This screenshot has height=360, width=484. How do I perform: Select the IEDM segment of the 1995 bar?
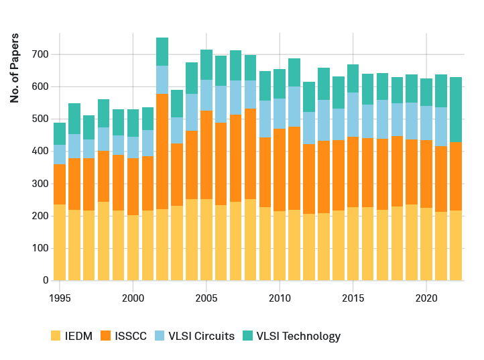pyautogui.click(x=60, y=242)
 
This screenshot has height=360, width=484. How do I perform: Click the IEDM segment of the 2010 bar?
pyautogui.click(x=280, y=245)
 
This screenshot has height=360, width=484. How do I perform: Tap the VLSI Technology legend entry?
pyautogui.click(x=290, y=336)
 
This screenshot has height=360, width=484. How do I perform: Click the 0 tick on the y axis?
pyautogui.click(x=46, y=280)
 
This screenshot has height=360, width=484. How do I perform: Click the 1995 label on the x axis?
pyautogui.click(x=60, y=296)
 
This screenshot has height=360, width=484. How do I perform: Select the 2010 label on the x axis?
pyautogui.click(x=280, y=296)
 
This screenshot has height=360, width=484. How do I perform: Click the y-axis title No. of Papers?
pyautogui.click(x=15, y=68)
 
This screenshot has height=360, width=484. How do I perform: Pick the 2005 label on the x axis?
pyautogui.click(x=206, y=296)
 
